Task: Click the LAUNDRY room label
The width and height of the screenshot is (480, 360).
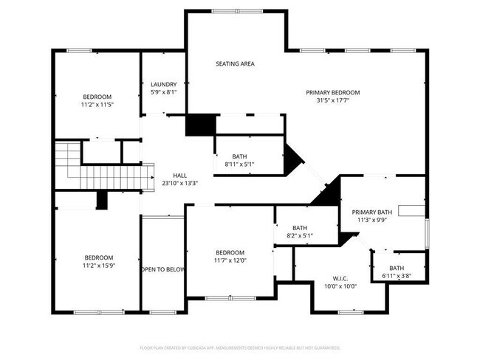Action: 162,84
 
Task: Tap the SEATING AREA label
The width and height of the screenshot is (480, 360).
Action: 235,64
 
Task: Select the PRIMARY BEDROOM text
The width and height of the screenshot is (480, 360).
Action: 332,92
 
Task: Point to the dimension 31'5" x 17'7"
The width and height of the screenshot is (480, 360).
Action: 332,100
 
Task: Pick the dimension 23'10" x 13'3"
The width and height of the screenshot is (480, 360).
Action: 180,184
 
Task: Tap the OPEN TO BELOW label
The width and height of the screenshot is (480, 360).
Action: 162,270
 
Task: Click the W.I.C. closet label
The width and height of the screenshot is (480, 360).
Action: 340,278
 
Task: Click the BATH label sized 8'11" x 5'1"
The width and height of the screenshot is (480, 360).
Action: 239,156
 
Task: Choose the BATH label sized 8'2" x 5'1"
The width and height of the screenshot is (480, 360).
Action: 299,228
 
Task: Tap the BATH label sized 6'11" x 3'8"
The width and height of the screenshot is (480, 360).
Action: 397,268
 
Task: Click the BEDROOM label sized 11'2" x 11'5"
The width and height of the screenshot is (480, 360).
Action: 97,97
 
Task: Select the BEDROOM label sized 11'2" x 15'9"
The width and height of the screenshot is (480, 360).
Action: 98,257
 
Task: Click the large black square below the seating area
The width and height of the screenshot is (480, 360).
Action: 199,124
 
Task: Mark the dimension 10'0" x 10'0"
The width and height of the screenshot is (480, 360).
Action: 340,286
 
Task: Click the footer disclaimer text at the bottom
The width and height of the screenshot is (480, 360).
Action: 239,347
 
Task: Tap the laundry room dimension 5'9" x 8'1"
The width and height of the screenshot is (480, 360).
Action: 162,92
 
